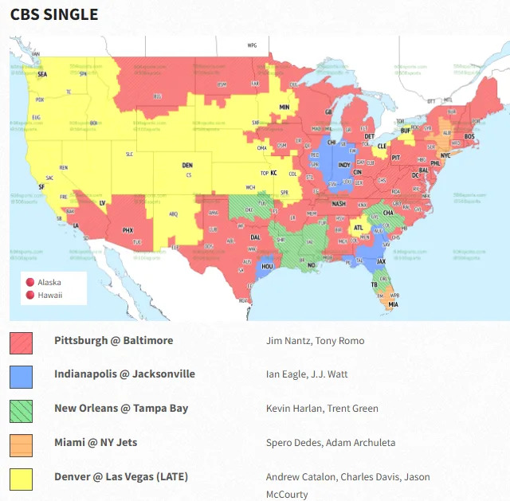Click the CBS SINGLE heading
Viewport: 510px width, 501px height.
pyautogui.click(x=54, y=14)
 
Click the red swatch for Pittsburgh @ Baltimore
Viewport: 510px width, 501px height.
pyautogui.click(x=21, y=343)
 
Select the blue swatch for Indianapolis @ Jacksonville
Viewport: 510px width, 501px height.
pyautogui.click(x=21, y=377)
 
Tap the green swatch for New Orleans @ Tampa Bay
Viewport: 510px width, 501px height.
pyautogui.click(x=21, y=411)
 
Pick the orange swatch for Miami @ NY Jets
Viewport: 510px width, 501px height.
pyautogui.click(x=21, y=444)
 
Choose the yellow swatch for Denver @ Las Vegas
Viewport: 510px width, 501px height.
pyautogui.click(x=21, y=479)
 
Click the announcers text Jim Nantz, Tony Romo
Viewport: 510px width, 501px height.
pyautogui.click(x=315, y=341)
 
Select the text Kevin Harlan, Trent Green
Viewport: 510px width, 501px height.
pyautogui.click(x=322, y=409)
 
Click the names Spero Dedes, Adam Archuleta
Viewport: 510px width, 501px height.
pyautogui.click(x=331, y=443)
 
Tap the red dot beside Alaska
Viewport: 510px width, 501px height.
pyautogui.click(x=29, y=282)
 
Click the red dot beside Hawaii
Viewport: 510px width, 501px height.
pyautogui.click(x=29, y=296)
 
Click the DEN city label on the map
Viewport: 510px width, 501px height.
pyautogui.click(x=187, y=166)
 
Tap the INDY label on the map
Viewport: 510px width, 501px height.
pyautogui.click(x=344, y=166)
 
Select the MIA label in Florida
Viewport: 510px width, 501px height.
pyautogui.click(x=393, y=304)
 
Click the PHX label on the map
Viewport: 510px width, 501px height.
pyautogui.click(x=127, y=230)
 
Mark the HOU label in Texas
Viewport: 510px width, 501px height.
pyautogui.click(x=268, y=267)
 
